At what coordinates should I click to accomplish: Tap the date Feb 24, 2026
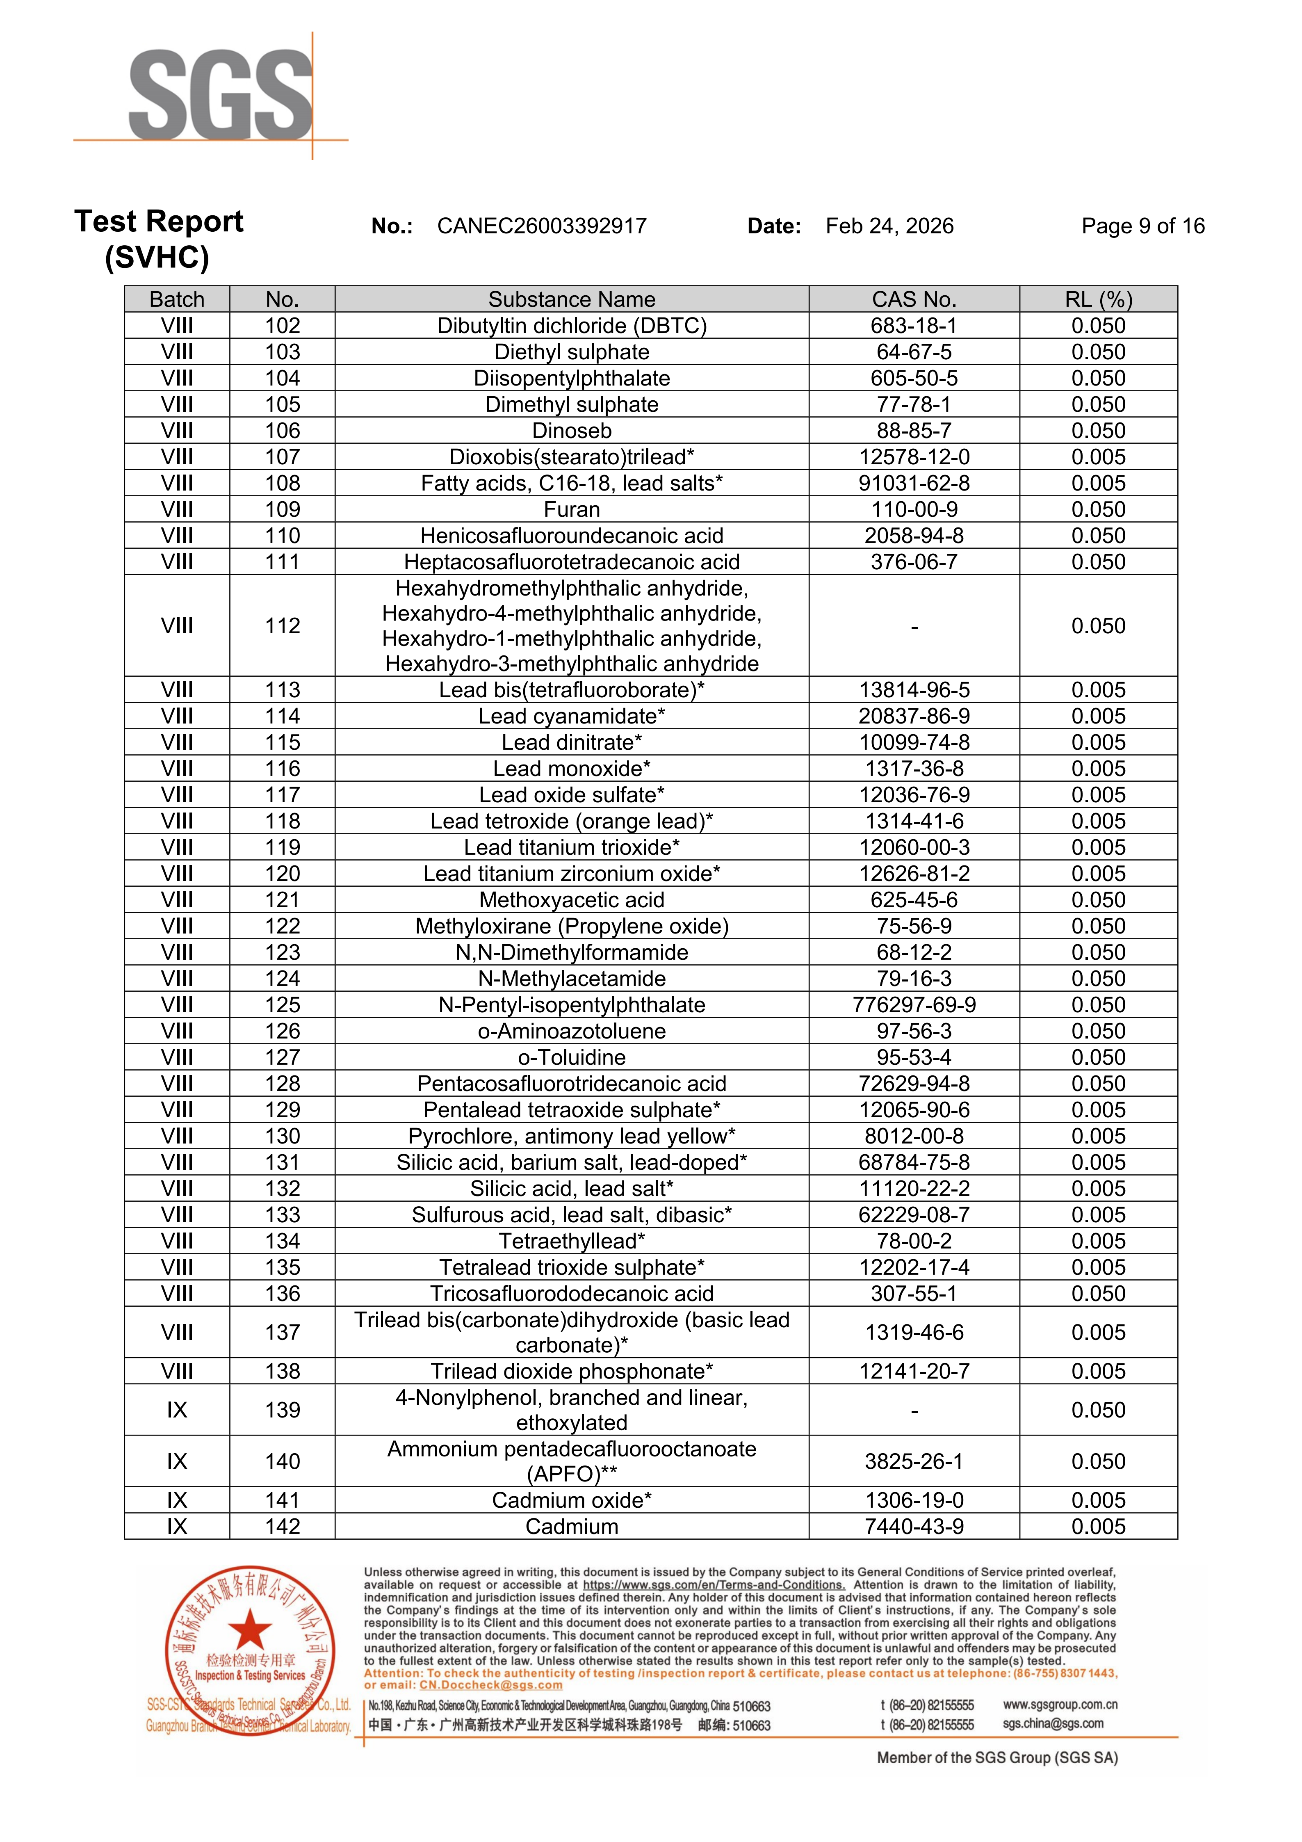point(889,226)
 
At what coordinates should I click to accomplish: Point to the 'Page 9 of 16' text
point(1142,226)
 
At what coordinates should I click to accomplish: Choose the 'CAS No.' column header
point(914,299)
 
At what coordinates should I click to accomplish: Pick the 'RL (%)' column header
point(1098,299)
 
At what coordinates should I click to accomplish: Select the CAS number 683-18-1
point(914,326)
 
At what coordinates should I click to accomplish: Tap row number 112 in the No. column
point(283,626)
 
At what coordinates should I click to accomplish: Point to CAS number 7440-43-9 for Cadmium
point(914,1527)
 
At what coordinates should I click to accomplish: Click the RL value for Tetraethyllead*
point(1098,1241)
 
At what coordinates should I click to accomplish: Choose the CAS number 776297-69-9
point(914,1005)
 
